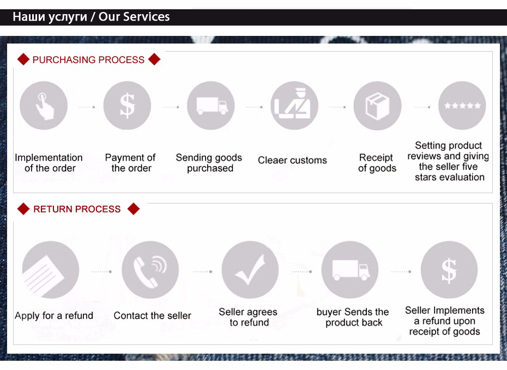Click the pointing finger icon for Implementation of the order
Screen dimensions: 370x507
tap(44, 106)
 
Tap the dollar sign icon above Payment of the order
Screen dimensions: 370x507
tap(127, 106)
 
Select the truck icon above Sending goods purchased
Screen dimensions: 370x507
tap(211, 106)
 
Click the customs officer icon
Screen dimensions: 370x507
tap(294, 106)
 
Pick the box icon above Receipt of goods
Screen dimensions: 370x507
tap(377, 106)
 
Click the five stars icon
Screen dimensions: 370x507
tap(462, 106)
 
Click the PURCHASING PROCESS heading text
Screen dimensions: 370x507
tap(88, 60)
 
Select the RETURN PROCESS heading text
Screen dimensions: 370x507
tap(77, 209)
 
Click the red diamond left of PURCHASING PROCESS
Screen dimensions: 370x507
tap(23, 59)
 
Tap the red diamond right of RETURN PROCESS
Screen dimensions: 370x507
tap(134, 209)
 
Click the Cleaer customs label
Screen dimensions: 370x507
tap(292, 161)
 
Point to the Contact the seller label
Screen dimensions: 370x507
tap(152, 316)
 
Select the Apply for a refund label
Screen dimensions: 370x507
tap(54, 316)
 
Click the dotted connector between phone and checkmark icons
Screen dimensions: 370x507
tap(202, 272)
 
